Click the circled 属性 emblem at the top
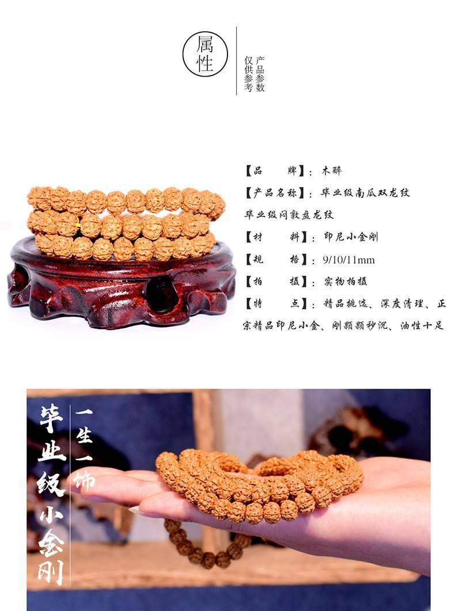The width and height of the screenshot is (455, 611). tap(205, 54)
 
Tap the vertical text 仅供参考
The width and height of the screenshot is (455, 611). tap(249, 74)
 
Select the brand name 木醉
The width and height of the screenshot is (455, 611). tap(332, 170)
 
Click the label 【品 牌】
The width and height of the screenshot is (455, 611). tap(275, 170)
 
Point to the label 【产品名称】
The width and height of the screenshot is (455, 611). tap(275, 192)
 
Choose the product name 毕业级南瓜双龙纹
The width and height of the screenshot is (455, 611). tap(365, 192)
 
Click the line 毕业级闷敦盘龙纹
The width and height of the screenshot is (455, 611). tap(289, 215)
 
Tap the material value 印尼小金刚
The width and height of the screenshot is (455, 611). tap(351, 237)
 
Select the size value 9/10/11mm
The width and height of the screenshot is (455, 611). tap(348, 260)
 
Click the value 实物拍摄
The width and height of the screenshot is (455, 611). tap(346, 282)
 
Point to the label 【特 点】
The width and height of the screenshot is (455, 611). tap(275, 303)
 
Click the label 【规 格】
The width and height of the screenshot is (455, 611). tap(275, 259)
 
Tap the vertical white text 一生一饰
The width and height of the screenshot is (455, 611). tap(84, 448)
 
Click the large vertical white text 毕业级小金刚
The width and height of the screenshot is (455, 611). tap(51, 495)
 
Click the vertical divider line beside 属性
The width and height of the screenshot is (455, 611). tap(237, 61)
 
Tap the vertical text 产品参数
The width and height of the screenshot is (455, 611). tap(260, 74)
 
